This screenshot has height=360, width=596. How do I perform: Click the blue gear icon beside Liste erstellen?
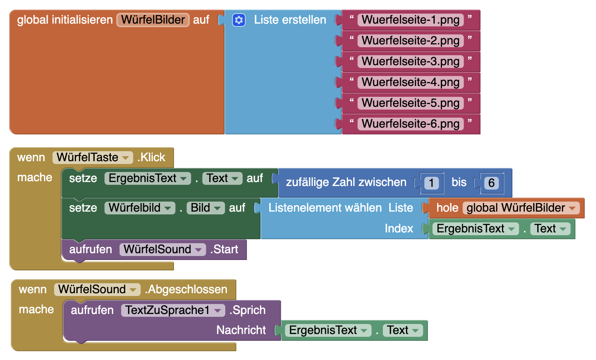point(239,20)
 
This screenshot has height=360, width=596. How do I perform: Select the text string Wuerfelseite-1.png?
point(410,20)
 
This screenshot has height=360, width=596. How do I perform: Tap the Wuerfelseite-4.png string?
point(410,82)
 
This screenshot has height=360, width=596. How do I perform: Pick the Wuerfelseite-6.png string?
point(410,124)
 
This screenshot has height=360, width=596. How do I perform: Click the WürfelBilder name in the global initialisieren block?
point(153,20)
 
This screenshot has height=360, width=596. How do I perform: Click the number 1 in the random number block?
point(431,183)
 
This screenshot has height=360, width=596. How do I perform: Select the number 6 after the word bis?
point(491,183)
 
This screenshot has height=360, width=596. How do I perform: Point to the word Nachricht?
point(241,330)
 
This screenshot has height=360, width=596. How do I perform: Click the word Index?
point(398,228)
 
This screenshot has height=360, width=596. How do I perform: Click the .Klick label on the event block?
point(152,158)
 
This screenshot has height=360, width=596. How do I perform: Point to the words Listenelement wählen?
point(325,208)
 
